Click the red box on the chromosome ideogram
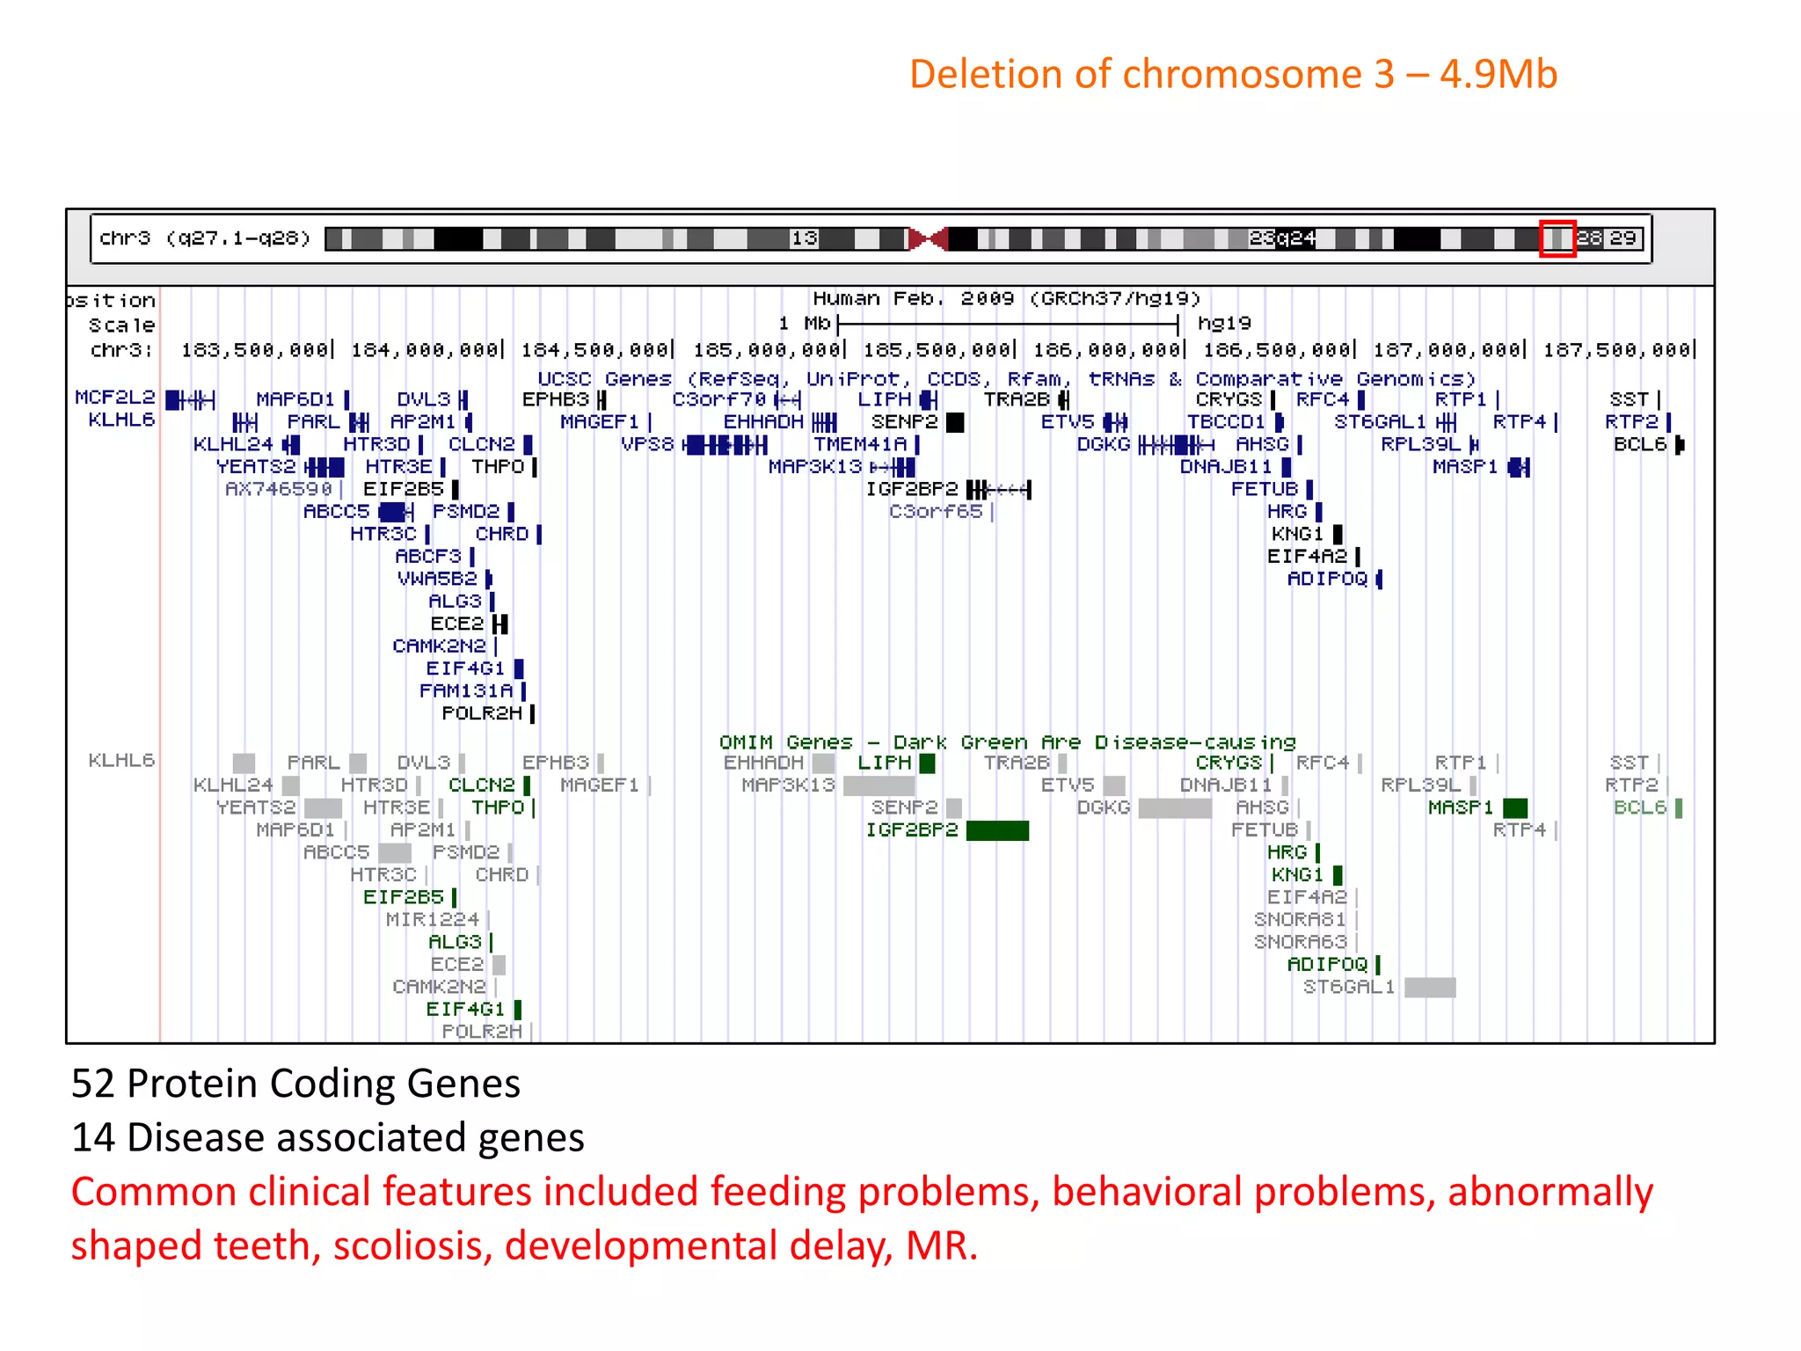[1557, 238]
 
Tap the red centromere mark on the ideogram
[928, 238]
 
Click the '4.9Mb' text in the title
[1498, 74]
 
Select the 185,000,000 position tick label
[767, 350]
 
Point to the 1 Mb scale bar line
[1008, 324]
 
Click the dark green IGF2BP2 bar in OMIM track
[997, 830]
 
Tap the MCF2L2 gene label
[114, 398]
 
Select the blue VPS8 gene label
[647, 444]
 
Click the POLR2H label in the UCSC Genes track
[482, 713]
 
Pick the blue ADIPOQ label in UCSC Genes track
[1327, 579]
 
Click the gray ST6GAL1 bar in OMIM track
[1430, 987]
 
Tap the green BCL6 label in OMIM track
[1640, 807]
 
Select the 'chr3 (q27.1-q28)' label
[205, 238]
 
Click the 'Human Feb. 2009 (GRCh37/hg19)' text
[1006, 299]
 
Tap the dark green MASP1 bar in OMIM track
[1515, 807]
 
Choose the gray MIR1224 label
[432, 920]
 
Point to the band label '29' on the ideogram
[1622, 238]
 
